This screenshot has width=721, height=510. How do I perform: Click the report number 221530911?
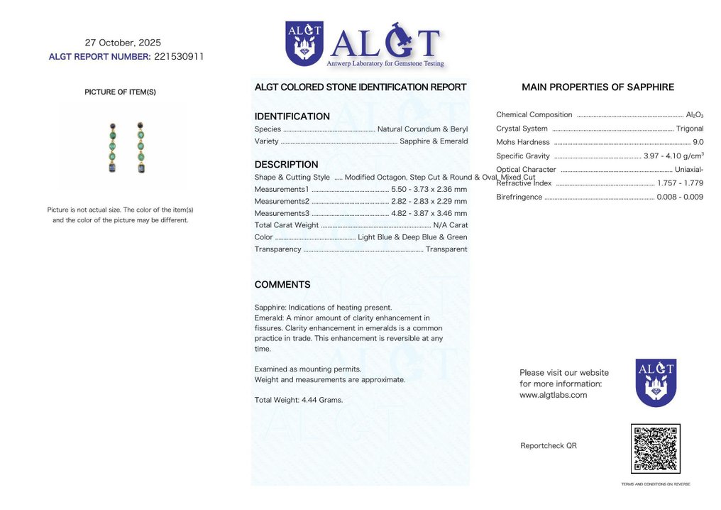point(179,57)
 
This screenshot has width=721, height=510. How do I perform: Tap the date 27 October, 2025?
point(123,43)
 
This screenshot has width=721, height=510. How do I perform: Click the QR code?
point(655,449)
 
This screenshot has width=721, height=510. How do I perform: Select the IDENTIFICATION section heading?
point(292,116)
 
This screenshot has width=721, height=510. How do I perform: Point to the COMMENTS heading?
point(282,285)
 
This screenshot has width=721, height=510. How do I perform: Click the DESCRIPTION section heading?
point(286,165)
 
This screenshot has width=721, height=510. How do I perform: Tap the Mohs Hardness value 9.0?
point(698,142)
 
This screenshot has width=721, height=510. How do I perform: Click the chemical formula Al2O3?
point(695,115)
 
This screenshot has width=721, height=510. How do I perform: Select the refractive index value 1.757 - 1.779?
point(680,183)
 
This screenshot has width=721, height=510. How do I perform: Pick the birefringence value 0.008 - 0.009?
point(680,197)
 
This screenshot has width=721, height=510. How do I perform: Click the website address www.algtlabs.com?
point(553,395)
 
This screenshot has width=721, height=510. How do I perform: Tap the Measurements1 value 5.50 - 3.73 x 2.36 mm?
point(429,189)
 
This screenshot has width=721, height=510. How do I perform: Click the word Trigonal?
point(690,129)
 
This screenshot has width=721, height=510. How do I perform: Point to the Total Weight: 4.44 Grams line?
point(298,400)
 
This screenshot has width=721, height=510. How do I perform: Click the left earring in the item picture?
point(111,148)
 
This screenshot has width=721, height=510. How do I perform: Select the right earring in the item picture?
point(141,148)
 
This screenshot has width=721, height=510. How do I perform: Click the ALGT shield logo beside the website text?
point(655,382)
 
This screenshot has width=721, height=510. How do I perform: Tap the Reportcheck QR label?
point(548,445)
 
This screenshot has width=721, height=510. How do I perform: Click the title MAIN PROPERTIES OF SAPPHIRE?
point(598,87)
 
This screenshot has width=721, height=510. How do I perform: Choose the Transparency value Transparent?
point(446,249)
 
